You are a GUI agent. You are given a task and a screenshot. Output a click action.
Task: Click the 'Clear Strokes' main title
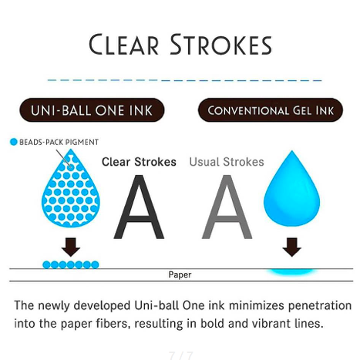tap(180, 45)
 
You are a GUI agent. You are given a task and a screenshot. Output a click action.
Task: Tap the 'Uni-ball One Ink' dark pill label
tap(92, 110)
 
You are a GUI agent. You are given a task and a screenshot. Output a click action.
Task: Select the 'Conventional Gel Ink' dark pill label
tap(271, 110)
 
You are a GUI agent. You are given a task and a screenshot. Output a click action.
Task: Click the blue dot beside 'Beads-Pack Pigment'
tap(13, 142)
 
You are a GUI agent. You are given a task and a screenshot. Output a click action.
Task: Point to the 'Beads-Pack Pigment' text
tap(59, 142)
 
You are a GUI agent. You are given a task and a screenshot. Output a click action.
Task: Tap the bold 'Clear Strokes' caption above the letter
tap(139, 162)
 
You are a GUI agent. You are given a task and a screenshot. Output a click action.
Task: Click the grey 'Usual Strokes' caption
tap(227, 162)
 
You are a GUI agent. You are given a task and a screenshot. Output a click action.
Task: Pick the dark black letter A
tap(139, 207)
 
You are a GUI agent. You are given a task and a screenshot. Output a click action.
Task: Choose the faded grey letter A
tap(227, 207)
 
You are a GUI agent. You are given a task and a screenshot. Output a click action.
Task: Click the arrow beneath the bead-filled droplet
tap(71, 247)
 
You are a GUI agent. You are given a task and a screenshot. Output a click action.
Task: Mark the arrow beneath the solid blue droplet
tap(291, 247)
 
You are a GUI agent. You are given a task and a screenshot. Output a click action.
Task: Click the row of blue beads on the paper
tap(71, 264)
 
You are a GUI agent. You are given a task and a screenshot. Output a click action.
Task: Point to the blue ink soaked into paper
tap(291, 272)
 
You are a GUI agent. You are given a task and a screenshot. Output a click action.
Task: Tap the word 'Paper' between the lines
tap(180, 274)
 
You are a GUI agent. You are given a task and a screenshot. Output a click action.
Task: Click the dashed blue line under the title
tap(184, 80)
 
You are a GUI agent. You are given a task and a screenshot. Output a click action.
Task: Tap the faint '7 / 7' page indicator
tap(181, 355)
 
